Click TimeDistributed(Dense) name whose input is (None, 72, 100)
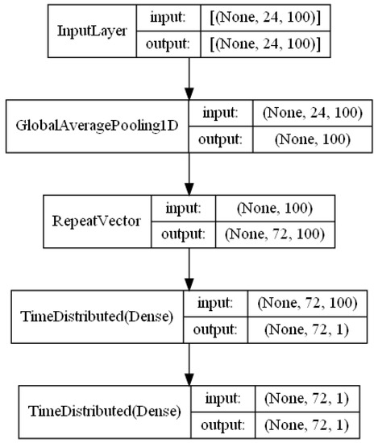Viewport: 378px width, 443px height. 95,313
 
